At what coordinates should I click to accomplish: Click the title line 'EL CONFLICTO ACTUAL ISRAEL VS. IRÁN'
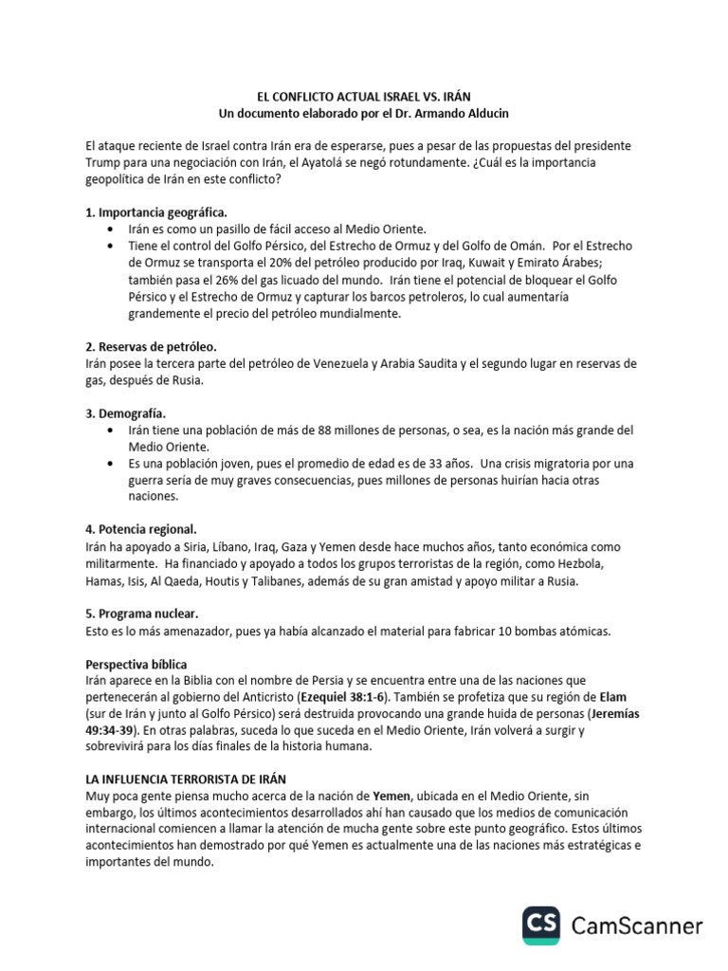pos(364,97)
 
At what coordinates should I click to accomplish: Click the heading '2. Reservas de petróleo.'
pos(151,347)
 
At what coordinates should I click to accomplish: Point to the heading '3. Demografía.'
pos(125,414)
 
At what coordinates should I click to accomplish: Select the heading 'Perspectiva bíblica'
pos(142,665)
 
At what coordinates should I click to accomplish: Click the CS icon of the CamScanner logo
pos(542,925)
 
